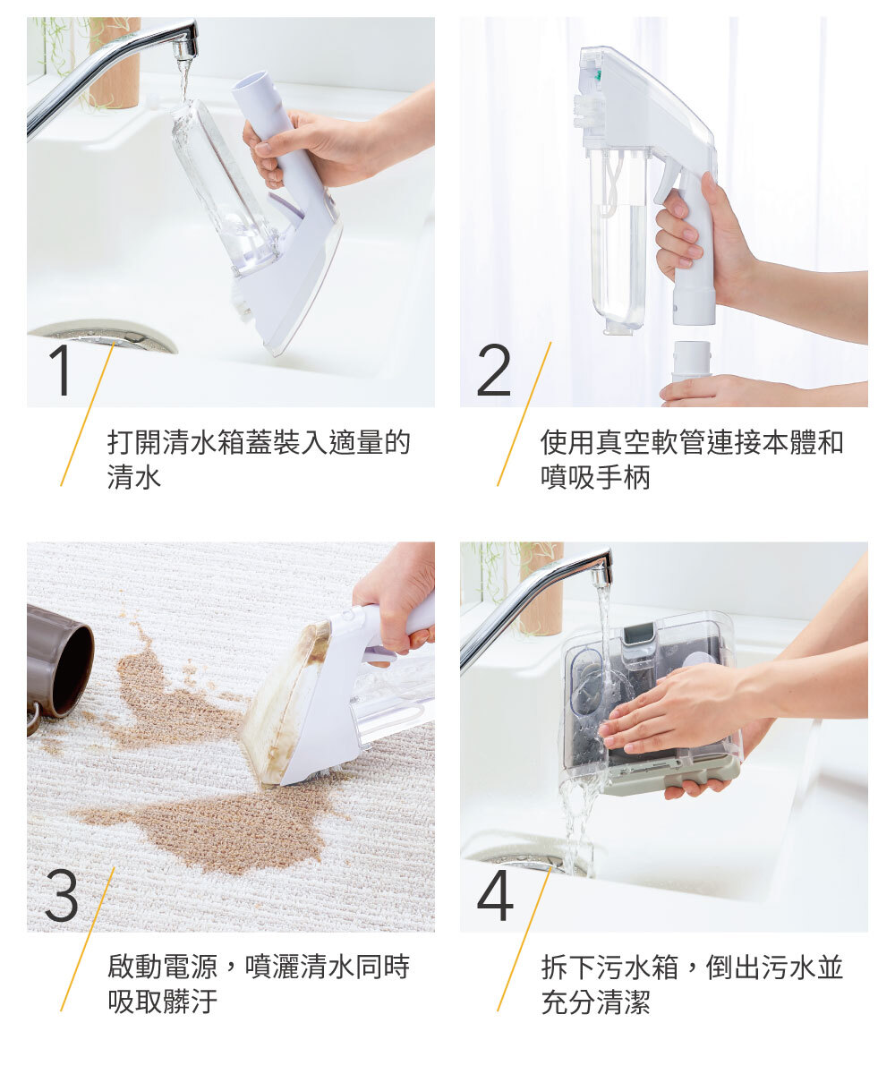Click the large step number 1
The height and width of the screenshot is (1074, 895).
62,370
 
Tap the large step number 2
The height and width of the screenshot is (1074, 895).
493,370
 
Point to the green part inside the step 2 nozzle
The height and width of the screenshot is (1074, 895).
598,74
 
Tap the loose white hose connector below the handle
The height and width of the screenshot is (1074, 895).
691,361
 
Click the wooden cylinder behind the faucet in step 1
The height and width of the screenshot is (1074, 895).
115,63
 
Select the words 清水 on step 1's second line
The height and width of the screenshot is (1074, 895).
134,476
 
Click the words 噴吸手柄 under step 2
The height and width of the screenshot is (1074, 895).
595,476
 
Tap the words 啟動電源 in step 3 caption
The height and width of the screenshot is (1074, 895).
162,967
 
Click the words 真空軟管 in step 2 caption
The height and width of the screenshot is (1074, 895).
650,442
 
